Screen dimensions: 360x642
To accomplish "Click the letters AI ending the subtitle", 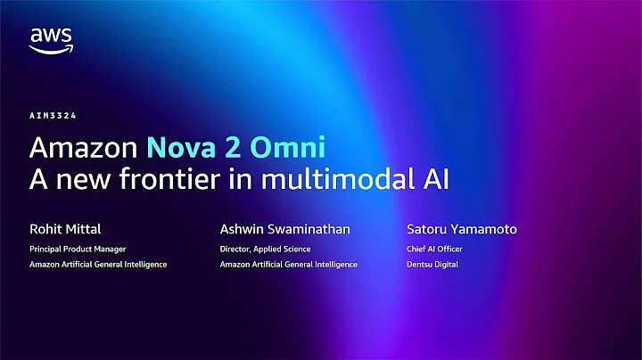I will (x=434, y=178).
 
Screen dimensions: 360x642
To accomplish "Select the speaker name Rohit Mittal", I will (x=65, y=230).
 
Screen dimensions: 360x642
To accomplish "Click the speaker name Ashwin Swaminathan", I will (x=284, y=230).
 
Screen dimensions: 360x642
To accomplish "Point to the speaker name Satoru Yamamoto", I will (x=461, y=230).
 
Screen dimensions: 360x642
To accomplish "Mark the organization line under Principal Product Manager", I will (x=98, y=265).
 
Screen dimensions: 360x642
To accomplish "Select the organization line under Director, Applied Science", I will (x=288, y=265).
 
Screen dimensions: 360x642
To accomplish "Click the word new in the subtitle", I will (x=83, y=178).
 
